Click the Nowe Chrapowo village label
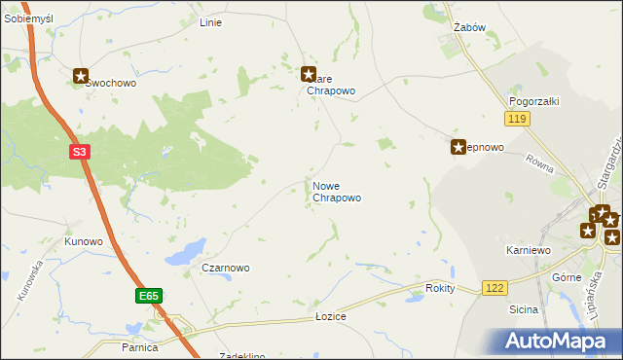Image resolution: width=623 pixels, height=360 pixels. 337,192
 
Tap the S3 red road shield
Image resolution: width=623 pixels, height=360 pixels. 80,152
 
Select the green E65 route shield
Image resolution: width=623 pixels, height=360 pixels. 148,294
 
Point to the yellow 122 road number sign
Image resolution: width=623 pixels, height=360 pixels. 495,288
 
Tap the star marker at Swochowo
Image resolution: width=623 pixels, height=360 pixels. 81,75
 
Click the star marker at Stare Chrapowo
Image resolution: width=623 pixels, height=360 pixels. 309,73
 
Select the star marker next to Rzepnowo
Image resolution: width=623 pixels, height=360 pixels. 458,147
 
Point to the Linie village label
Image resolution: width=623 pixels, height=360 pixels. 210,21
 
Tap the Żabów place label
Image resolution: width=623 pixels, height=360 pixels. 469,27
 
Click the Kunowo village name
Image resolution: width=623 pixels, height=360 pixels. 84,240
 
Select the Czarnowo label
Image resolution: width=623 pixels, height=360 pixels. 226,268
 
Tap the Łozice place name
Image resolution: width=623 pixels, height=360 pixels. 331,317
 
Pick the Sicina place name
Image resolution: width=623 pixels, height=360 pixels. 523,309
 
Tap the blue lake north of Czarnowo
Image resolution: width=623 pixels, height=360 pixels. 186,252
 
